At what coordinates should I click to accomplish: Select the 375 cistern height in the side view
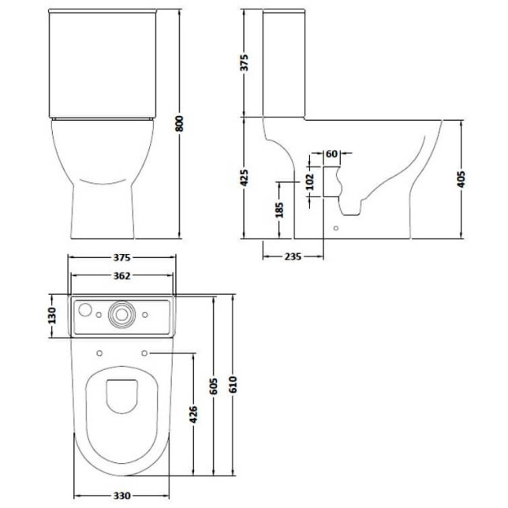(244, 62)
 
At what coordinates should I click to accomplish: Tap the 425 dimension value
(244, 177)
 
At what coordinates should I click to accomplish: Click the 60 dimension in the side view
(331, 153)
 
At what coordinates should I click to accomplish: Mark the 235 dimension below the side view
(293, 256)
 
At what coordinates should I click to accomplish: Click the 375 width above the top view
(121, 257)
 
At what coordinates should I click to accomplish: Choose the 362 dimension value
(121, 275)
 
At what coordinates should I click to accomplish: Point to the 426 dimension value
(193, 413)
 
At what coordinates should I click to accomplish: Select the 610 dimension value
(233, 384)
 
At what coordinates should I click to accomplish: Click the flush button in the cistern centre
(122, 313)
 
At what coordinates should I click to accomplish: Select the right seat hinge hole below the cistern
(146, 353)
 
